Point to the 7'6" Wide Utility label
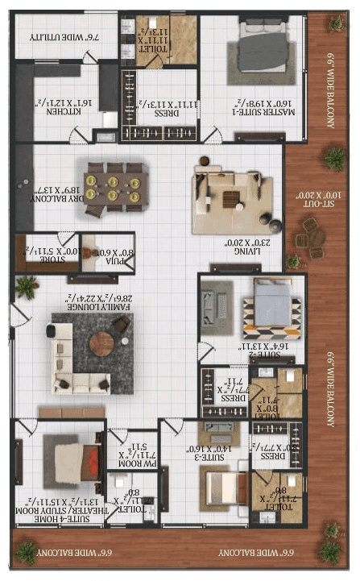point(56,37)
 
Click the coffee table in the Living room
point(231,197)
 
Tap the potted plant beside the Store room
point(27,284)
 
